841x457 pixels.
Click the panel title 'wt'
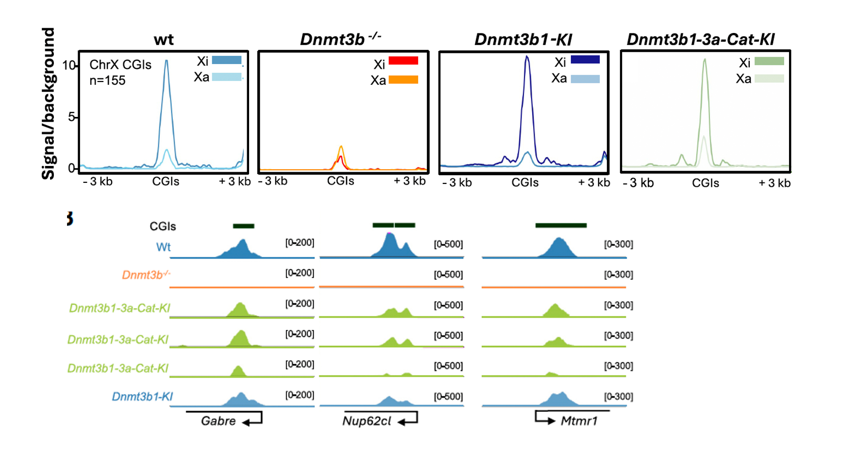tap(164, 40)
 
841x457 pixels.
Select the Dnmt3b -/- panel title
tap(340, 39)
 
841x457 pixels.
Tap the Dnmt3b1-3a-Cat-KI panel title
tap(700, 39)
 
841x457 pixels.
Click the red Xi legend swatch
tap(403, 61)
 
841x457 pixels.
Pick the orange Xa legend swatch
tap(403, 80)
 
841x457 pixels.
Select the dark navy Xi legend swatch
tap(585, 60)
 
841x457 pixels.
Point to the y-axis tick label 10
tap(69, 65)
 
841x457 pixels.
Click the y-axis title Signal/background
tap(48, 103)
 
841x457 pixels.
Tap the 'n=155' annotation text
tap(107, 81)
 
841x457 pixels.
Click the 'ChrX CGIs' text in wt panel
tap(120, 65)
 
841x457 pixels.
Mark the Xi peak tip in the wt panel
tap(167, 61)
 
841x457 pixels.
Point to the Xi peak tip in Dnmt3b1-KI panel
tap(527, 57)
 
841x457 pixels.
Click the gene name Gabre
tap(218, 421)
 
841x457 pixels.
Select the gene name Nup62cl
tap(367, 421)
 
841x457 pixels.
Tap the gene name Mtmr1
tap(579, 421)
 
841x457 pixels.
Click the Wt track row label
tap(163, 247)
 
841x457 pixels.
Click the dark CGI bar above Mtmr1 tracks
tap(561, 225)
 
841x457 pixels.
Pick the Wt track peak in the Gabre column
tap(242, 241)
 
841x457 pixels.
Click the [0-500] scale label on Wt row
tap(448, 244)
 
